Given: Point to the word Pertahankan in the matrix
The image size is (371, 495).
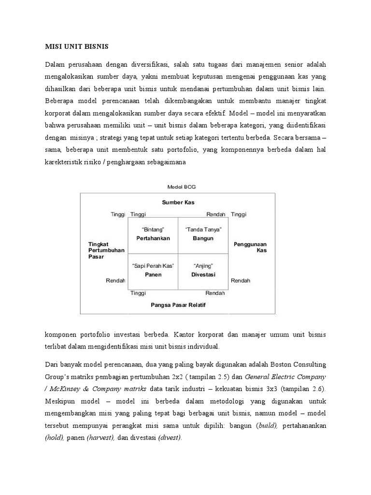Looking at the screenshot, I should coord(153,238).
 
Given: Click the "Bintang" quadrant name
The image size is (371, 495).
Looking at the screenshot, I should coord(153,229).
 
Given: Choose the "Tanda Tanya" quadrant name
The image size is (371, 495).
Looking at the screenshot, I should coord(203,229).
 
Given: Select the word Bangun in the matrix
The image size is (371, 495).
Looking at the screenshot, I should coord(203,238).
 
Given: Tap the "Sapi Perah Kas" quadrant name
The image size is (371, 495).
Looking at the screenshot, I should coord(153,266).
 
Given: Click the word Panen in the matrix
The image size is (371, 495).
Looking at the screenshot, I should coord(153,275).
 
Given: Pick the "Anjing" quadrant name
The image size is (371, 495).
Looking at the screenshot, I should coord(203,266).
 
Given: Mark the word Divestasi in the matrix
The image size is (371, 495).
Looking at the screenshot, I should coord(203,275).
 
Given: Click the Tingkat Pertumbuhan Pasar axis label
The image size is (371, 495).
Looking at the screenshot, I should coord(106,250).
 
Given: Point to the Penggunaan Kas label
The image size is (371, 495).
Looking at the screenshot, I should coord(250,247).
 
